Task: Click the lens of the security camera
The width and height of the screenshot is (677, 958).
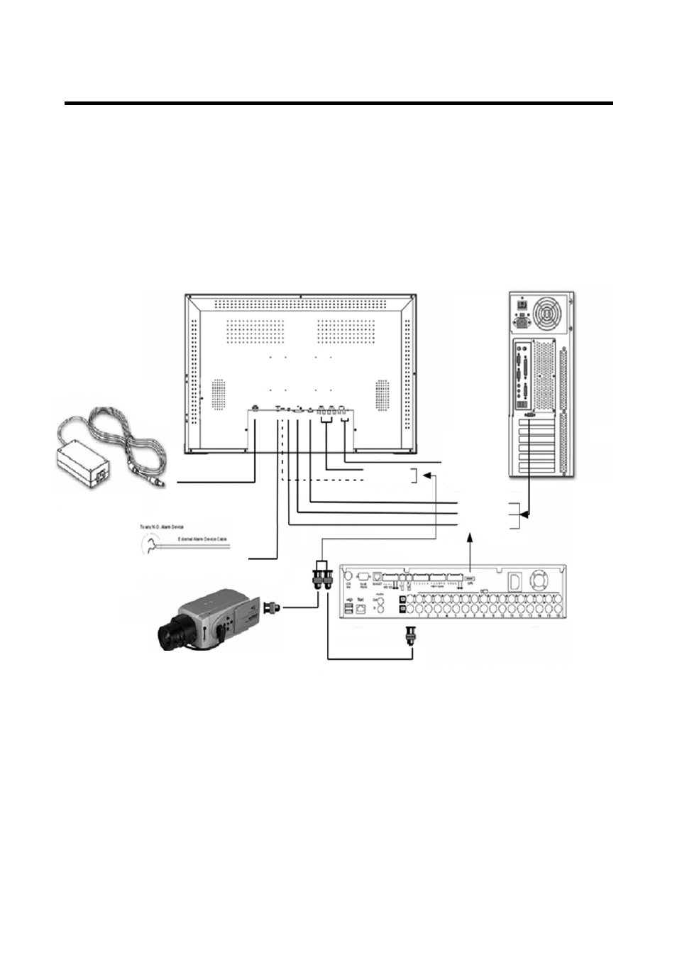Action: (x=168, y=634)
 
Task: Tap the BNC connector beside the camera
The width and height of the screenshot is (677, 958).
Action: (x=272, y=607)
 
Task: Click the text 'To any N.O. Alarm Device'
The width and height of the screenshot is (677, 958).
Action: (x=160, y=527)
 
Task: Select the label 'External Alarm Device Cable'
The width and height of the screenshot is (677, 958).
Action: (x=202, y=540)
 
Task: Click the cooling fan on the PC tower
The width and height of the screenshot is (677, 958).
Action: (x=549, y=312)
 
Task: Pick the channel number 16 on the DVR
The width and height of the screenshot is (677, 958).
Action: (x=556, y=617)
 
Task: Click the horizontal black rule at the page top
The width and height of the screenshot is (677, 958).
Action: (x=338, y=104)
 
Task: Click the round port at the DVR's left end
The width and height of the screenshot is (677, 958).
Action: (x=348, y=576)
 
